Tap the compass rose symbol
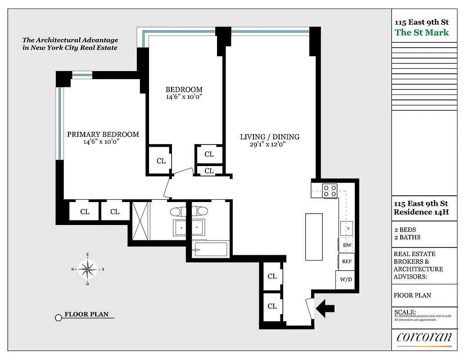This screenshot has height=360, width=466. point(88,270)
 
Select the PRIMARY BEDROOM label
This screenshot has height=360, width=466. point(103,135)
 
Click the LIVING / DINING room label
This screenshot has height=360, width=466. point(269,137)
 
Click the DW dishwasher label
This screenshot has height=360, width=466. point(347,245)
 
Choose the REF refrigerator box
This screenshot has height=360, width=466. point(347,261)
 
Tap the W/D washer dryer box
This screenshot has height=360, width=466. point(345,279)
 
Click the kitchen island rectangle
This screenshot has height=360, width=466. point(314,237)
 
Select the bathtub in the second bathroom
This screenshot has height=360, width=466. point(210,249)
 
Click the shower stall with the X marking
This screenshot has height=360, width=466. point(140,221)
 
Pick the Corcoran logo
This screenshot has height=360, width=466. point(424,337)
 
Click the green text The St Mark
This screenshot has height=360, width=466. point(421,32)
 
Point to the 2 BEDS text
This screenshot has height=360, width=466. point(405,230)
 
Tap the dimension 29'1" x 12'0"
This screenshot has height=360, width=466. point(268,144)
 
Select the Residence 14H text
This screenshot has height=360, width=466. point(421,212)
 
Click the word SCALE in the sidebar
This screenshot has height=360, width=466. point(405,312)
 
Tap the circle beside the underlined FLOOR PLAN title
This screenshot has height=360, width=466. point(58,318)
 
